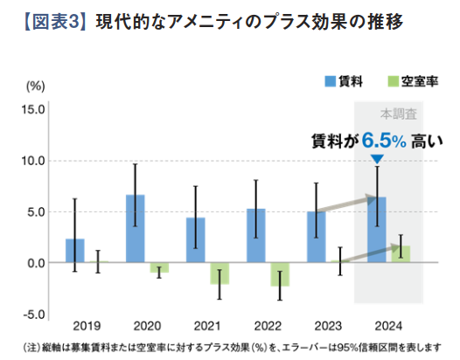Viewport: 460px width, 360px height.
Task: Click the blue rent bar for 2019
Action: click(75, 251)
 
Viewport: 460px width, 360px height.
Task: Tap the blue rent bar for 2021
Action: click(196, 240)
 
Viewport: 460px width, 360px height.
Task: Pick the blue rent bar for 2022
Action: click(255, 236)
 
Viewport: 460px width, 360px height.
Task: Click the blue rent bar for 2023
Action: click(316, 237)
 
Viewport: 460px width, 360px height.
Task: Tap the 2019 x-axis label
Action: click(87, 328)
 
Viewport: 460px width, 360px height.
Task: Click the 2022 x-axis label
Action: click(267, 328)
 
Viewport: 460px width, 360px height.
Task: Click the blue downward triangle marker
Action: click(376, 159)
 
